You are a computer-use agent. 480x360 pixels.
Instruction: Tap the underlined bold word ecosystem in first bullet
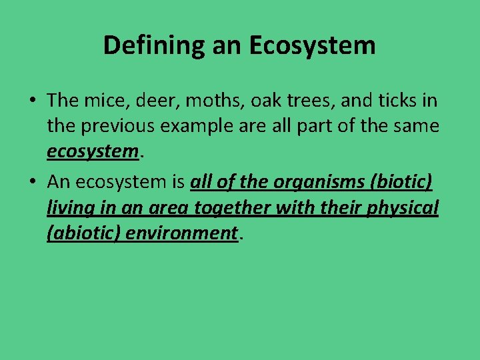[91, 152]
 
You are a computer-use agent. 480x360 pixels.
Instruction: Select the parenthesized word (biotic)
[399, 182]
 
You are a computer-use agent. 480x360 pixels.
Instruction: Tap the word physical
[405, 208]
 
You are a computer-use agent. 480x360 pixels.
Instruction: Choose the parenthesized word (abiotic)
[82, 233]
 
